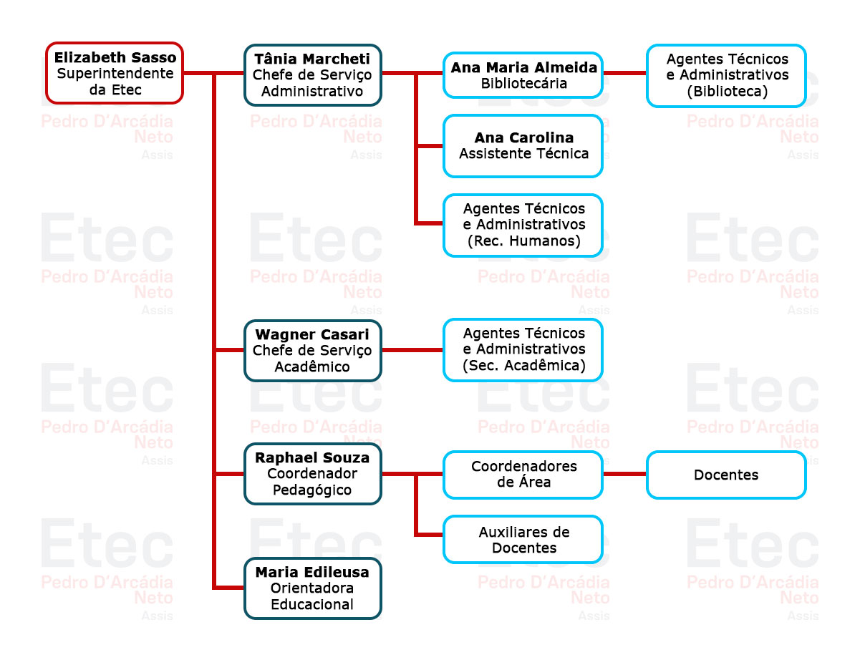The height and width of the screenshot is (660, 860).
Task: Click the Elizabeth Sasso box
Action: pos(115,73)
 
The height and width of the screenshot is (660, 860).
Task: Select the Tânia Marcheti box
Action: pos(312,75)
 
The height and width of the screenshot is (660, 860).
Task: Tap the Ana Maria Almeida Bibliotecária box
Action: pos(523,75)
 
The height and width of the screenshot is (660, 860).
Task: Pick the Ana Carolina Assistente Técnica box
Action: pos(523,145)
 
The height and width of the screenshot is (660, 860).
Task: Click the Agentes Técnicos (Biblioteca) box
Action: pos(726,75)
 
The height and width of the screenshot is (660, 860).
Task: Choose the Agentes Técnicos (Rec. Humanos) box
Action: pos(523,225)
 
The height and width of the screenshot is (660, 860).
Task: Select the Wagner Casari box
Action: pos(312,350)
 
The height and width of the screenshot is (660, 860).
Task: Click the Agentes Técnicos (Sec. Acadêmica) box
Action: pos(523,349)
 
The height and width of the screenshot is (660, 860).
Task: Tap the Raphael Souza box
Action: pos(312,473)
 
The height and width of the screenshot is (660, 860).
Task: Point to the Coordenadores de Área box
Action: pos(523,474)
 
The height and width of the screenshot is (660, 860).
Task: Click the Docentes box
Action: pos(726,475)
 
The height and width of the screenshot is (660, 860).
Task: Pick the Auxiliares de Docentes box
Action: pos(523,540)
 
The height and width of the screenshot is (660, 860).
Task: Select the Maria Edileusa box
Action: pos(312,588)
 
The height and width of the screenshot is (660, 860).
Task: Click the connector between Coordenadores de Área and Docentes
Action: pos(624,474)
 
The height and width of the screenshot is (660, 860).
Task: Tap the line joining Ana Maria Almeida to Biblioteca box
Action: pos(624,73)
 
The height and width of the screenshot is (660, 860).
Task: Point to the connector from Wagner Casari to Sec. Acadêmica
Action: pos(412,350)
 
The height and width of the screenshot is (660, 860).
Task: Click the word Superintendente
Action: pos(115,74)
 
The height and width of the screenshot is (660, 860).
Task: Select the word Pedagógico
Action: pos(312,490)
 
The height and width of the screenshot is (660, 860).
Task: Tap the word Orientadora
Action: pos(312,588)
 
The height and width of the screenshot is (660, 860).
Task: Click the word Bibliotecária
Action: pos(523,84)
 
